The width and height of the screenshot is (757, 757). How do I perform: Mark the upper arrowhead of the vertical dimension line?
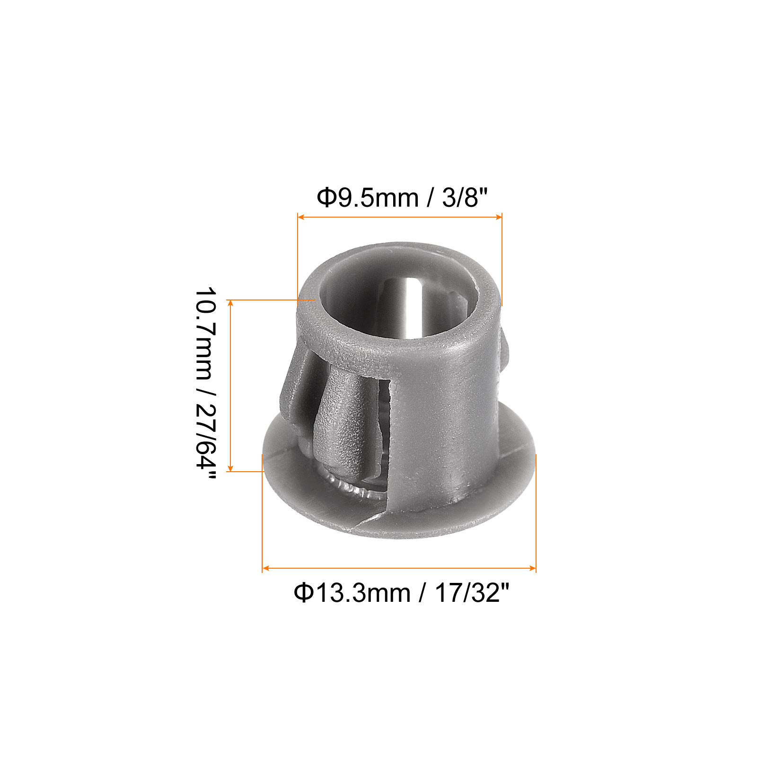230,303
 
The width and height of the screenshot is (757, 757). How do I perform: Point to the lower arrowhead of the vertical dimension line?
230,468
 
